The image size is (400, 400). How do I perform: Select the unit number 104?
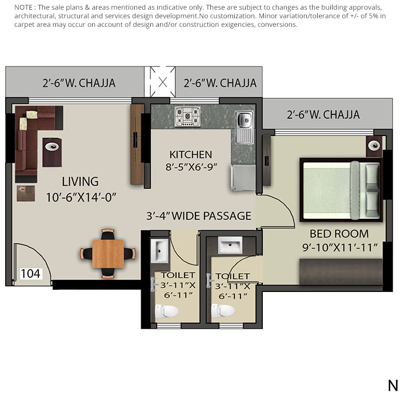click(x=30, y=274)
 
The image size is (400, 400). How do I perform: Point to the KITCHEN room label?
click(x=191, y=154)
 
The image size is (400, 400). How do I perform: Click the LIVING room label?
click(x=80, y=182)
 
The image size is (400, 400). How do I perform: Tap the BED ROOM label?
click(x=339, y=234)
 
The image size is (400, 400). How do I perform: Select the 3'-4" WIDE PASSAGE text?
click(x=199, y=216)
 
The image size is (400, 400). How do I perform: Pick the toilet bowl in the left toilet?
click(x=166, y=311)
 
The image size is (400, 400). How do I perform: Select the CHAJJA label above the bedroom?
click(x=323, y=114)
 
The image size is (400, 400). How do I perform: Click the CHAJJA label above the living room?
click(x=79, y=83)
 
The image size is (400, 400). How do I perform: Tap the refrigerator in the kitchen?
click(x=239, y=177)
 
